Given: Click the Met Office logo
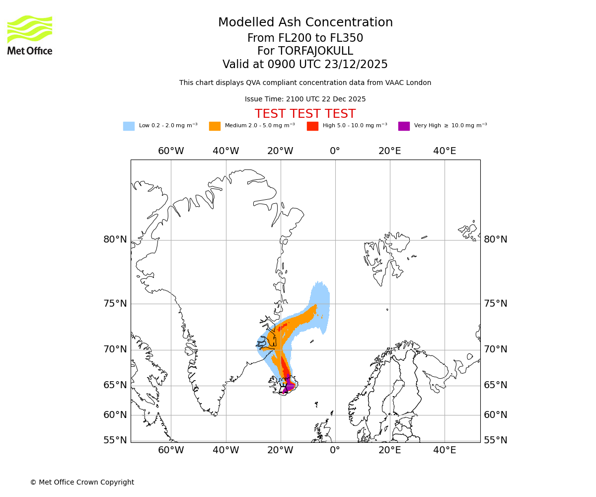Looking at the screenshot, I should pos(30,35).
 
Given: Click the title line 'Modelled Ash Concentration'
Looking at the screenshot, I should pos(305,23).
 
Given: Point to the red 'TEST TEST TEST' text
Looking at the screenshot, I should pos(305,114).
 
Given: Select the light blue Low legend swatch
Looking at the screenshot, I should pos(129,126).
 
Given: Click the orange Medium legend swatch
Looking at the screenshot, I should pos(215,126).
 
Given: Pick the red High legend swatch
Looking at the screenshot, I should pos(312,126).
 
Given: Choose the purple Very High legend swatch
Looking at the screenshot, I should pos(404,126).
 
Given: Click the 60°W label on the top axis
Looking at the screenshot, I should pos(171,151).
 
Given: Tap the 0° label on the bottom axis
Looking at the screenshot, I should pos(335,451).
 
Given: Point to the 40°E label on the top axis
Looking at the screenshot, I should pos(445,151).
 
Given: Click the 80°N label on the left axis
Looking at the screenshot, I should pos(115,240).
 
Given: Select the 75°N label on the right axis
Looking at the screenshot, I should pos(496,304).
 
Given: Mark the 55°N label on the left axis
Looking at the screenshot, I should pos(115,440).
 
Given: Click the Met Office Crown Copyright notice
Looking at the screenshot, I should pos(82,482).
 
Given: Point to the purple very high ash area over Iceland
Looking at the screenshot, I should pos(289,385).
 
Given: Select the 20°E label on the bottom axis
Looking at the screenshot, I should pos(390,451).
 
